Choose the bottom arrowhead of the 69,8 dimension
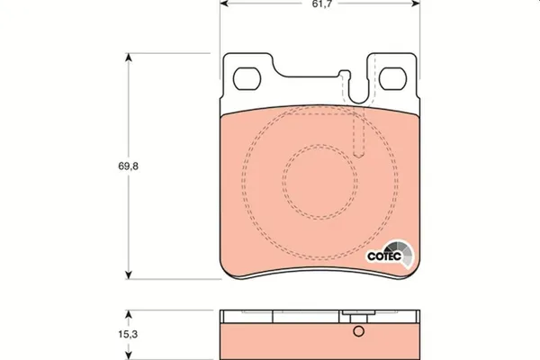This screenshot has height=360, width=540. click(130, 274)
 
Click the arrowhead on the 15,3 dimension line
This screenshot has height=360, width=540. click(130, 312)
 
